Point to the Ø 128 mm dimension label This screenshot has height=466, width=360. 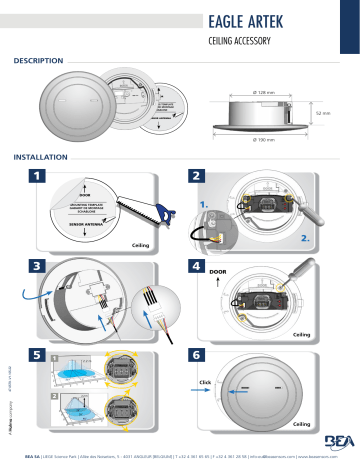[x=266, y=92]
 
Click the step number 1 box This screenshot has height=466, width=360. [x=38, y=177]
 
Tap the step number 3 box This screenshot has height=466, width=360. [x=38, y=267]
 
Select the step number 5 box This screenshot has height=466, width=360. [x=38, y=356]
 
